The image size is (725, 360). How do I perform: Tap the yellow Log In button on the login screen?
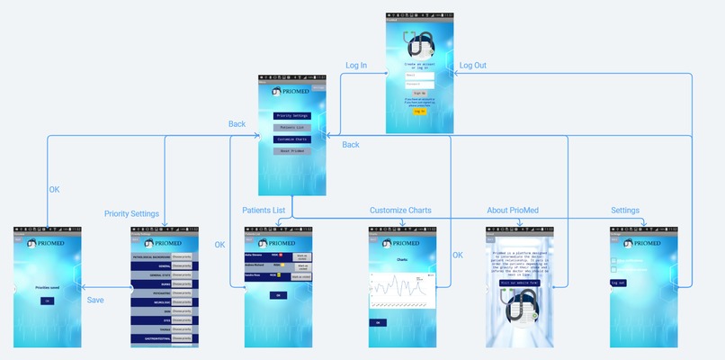click(x=420, y=112)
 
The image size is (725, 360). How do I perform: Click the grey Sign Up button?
click(x=420, y=93)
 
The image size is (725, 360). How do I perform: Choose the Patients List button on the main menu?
click(x=291, y=128)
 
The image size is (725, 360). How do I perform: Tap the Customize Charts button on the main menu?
click(x=291, y=139)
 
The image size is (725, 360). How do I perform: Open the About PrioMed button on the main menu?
click(x=291, y=151)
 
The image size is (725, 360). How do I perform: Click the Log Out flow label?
click(x=472, y=66)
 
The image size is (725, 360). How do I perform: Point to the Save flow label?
click(x=96, y=299)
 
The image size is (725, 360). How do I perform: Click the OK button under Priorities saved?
click(x=47, y=301)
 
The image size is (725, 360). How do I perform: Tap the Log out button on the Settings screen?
click(x=618, y=283)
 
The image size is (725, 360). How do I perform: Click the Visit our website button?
click(x=520, y=283)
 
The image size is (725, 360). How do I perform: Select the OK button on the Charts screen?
click(x=379, y=321)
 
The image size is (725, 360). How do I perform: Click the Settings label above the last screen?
click(x=627, y=211)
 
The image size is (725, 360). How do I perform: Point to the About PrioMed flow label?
click(x=514, y=211)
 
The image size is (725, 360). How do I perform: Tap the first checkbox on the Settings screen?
click(x=613, y=261)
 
